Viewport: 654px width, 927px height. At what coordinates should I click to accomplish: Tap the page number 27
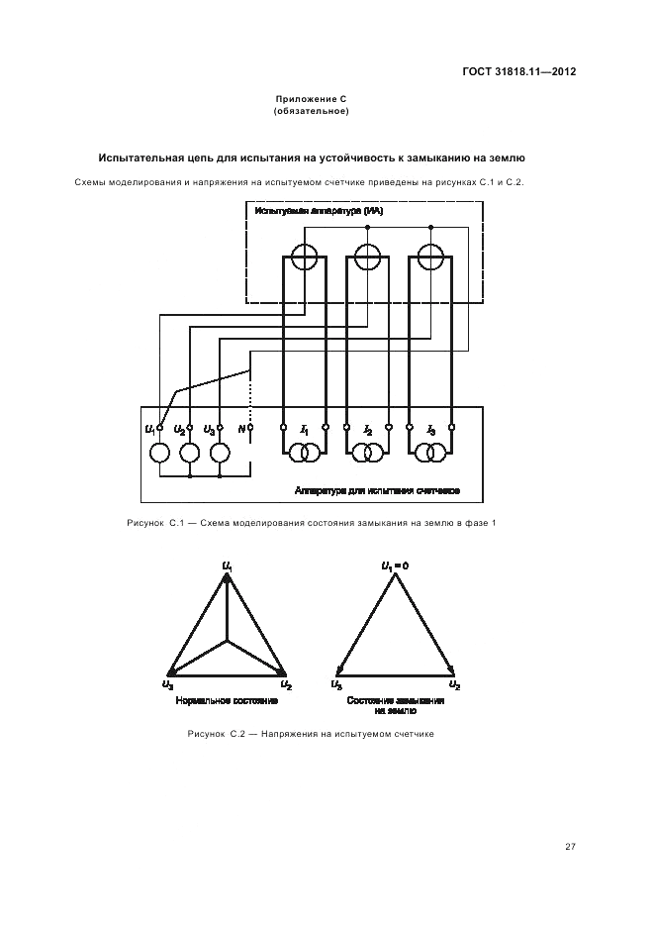click(x=570, y=846)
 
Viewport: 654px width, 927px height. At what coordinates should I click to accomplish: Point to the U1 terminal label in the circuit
click(x=149, y=429)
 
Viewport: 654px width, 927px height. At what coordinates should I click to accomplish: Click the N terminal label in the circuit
click(x=240, y=429)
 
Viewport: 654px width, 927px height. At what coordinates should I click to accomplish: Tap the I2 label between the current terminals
click(x=368, y=430)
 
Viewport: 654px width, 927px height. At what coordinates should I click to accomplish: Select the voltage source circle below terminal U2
click(x=189, y=453)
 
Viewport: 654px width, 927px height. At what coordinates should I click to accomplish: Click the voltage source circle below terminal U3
click(x=219, y=453)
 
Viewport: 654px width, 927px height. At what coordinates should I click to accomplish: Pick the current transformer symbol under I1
click(x=304, y=454)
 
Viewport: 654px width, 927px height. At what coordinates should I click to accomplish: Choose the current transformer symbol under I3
click(x=430, y=454)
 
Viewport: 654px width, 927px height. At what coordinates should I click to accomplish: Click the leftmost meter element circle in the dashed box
click(x=304, y=257)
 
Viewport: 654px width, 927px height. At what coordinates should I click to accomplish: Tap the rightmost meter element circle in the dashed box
click(x=430, y=257)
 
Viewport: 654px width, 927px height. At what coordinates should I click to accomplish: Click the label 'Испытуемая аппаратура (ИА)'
click(x=319, y=211)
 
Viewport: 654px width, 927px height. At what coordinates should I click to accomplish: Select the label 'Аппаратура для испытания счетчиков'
click(x=377, y=490)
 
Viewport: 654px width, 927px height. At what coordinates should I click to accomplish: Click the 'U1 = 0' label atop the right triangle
click(x=395, y=566)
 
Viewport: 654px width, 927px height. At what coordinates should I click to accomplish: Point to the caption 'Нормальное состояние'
click(x=227, y=700)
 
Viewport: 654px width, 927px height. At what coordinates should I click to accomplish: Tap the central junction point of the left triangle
click(x=229, y=642)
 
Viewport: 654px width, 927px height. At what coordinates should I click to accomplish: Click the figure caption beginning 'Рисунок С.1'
click(x=311, y=522)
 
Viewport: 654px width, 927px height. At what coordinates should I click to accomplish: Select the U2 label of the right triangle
click(x=454, y=684)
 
